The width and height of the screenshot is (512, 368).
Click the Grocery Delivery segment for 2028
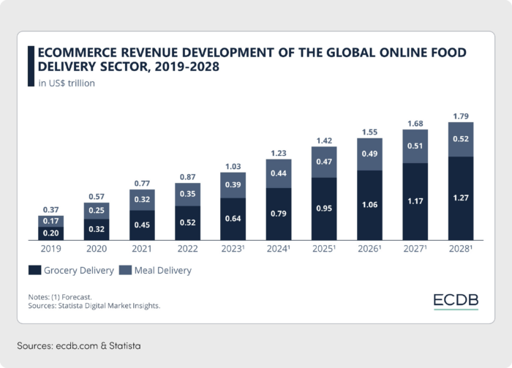[x=460, y=198]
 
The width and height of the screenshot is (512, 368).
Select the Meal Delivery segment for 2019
[x=51, y=220]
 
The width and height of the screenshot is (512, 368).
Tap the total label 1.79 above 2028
[x=460, y=116]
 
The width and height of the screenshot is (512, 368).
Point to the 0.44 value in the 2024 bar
[x=279, y=173]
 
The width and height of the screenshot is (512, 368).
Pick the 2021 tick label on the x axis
[x=142, y=249]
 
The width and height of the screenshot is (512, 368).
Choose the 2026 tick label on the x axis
[x=370, y=249]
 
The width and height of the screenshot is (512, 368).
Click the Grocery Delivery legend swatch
[x=34, y=270]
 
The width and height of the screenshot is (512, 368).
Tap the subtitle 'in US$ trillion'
[x=66, y=83]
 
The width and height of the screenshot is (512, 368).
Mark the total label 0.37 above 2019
[x=51, y=209]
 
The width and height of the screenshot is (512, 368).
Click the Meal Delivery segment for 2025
[x=324, y=162]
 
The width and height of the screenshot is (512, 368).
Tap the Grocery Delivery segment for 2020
[x=97, y=230]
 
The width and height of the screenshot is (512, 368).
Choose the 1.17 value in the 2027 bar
[x=415, y=202]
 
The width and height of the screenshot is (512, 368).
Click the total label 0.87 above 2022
[x=188, y=177]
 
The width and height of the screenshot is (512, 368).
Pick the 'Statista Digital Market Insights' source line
[x=94, y=305]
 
